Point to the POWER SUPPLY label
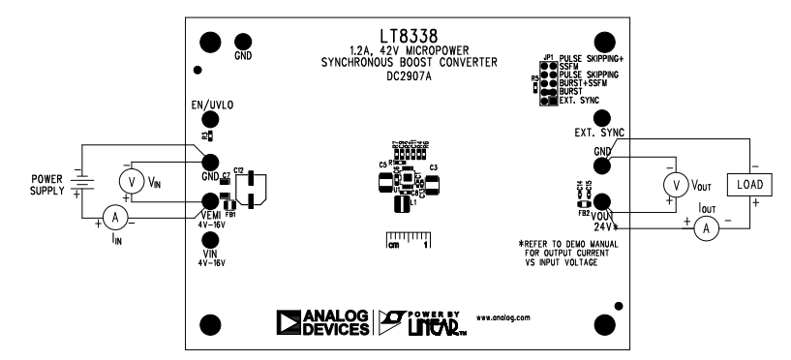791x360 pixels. [x=46, y=185]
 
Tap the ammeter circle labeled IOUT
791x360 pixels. [x=706, y=228]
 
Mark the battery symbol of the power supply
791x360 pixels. [x=85, y=185]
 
